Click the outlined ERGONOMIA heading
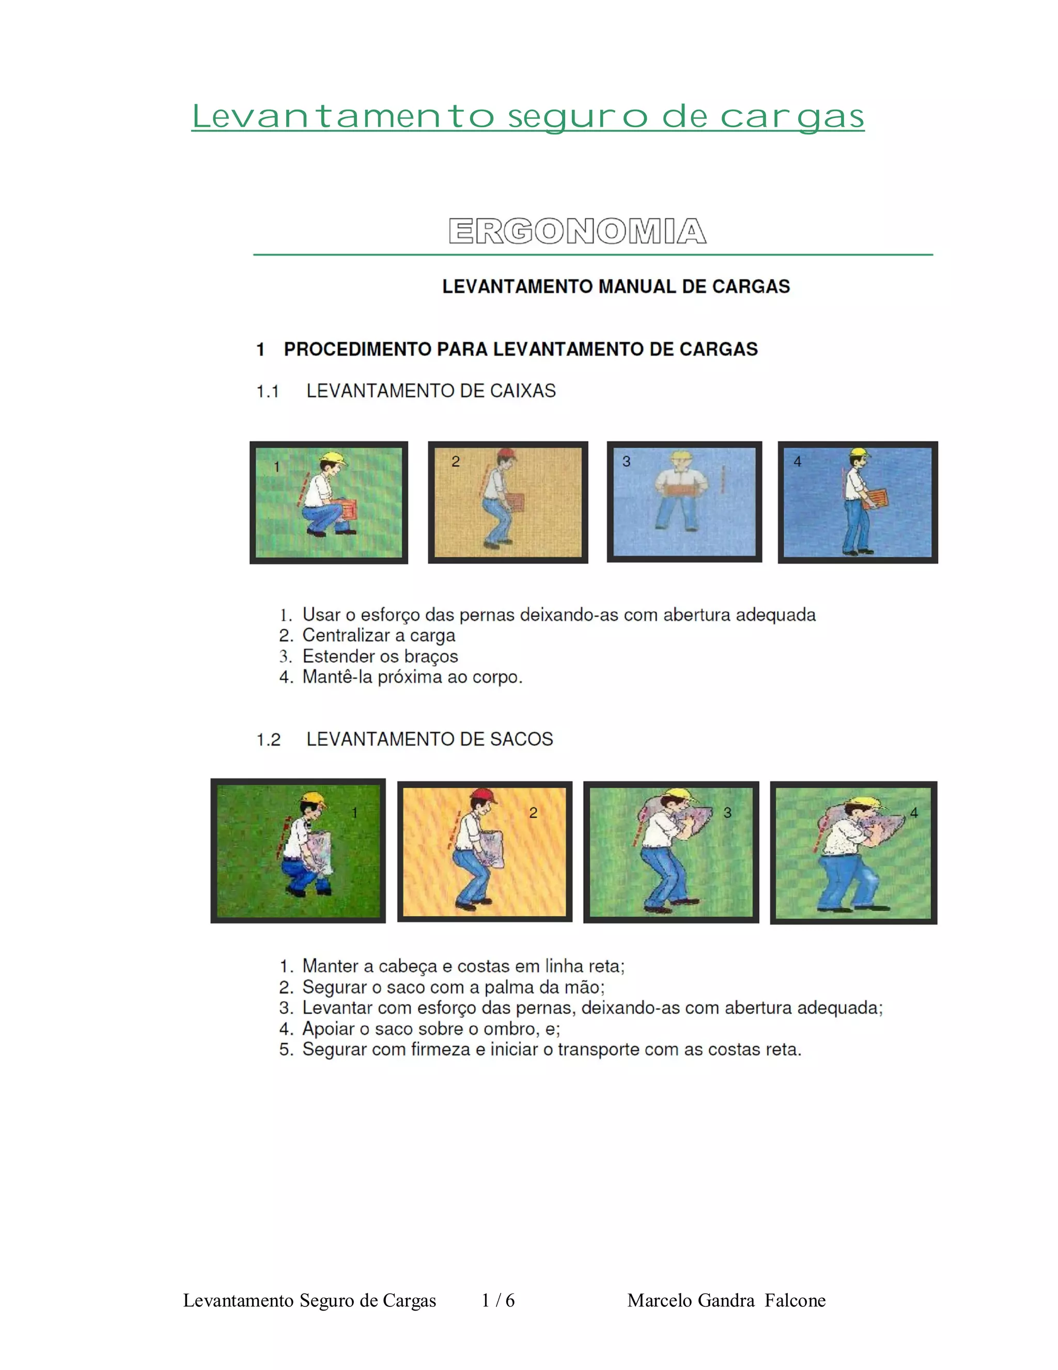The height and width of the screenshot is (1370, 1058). tap(577, 231)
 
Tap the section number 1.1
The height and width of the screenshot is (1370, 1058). tap(268, 391)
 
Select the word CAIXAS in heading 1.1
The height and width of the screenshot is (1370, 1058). tap(523, 391)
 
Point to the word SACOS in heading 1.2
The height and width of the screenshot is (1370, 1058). tap(521, 739)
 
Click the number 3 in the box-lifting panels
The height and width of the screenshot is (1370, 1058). tap(626, 462)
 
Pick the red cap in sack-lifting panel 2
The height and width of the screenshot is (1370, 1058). tap(485, 796)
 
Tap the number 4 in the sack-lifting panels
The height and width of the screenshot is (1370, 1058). tap(914, 812)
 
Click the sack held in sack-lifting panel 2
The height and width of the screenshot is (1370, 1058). tap(491, 848)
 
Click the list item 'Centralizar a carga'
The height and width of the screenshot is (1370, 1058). tap(379, 635)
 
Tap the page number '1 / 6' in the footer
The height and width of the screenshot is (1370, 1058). tap(499, 1300)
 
